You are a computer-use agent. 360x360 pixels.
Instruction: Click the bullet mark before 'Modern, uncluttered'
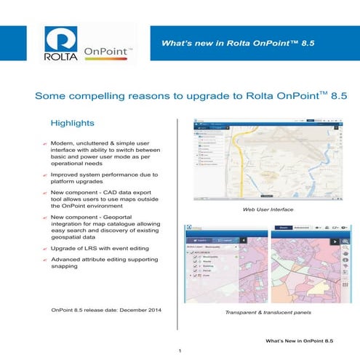tap(45, 145)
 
